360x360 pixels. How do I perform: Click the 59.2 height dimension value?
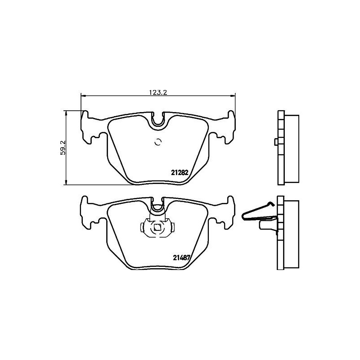63,147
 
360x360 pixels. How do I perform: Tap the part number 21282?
180,171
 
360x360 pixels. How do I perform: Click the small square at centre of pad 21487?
157,228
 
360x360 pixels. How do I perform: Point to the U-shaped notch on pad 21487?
157,207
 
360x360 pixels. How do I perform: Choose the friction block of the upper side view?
292,148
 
